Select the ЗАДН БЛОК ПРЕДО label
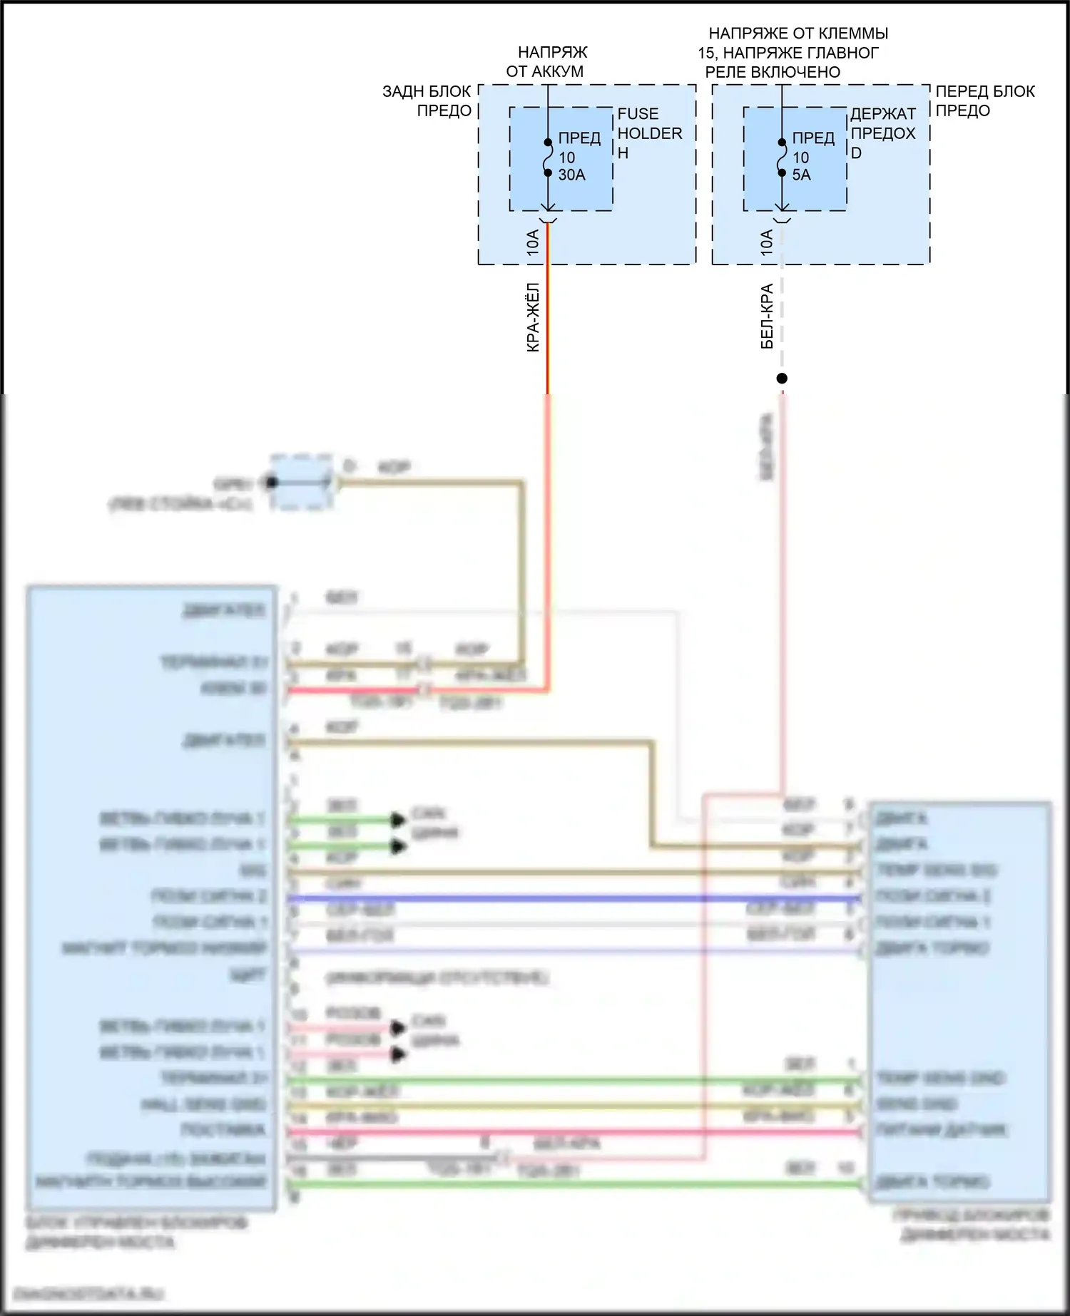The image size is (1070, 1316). (x=427, y=101)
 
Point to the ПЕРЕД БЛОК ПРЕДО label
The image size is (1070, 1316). (x=984, y=101)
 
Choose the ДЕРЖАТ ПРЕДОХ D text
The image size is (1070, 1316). (x=882, y=133)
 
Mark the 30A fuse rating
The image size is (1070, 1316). (x=571, y=175)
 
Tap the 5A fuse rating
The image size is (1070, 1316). (x=801, y=175)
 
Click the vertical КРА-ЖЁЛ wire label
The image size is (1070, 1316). (x=533, y=318)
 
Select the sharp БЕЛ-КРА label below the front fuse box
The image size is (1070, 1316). (x=767, y=317)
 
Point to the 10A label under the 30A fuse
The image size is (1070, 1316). (x=533, y=243)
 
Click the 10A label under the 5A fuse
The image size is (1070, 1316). (x=767, y=243)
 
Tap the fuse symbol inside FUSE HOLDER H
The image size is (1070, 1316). (x=548, y=158)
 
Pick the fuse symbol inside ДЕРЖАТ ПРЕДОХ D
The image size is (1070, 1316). (x=782, y=158)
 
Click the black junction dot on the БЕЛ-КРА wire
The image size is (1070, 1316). (x=782, y=379)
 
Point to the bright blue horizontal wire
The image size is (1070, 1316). (x=571, y=898)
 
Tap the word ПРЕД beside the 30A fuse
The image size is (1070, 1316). (x=579, y=138)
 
